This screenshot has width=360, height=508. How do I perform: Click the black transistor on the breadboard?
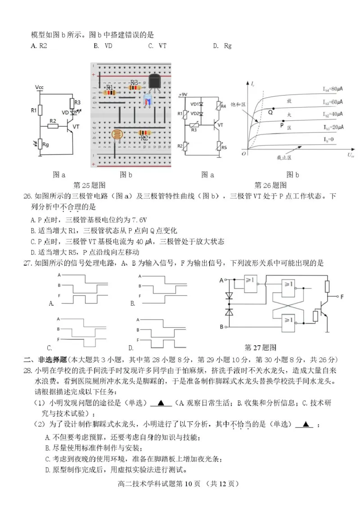coord(155,83)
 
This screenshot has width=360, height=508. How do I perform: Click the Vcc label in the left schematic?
coord(40,86)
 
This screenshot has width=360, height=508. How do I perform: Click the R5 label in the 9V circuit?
coord(224,147)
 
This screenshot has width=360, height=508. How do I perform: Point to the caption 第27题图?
coord(260,347)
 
